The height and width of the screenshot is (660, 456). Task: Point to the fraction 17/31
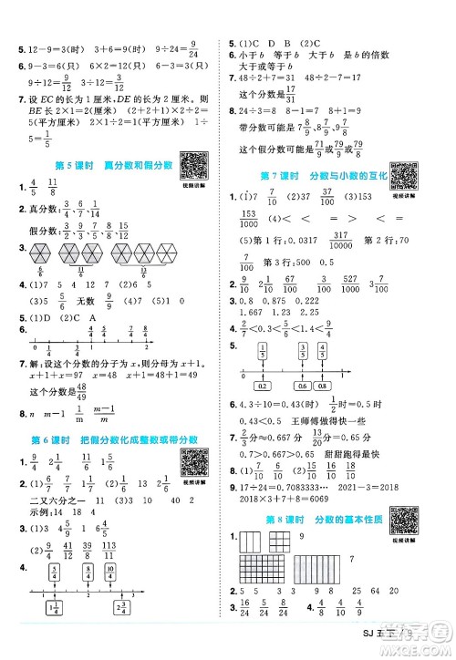291,93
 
